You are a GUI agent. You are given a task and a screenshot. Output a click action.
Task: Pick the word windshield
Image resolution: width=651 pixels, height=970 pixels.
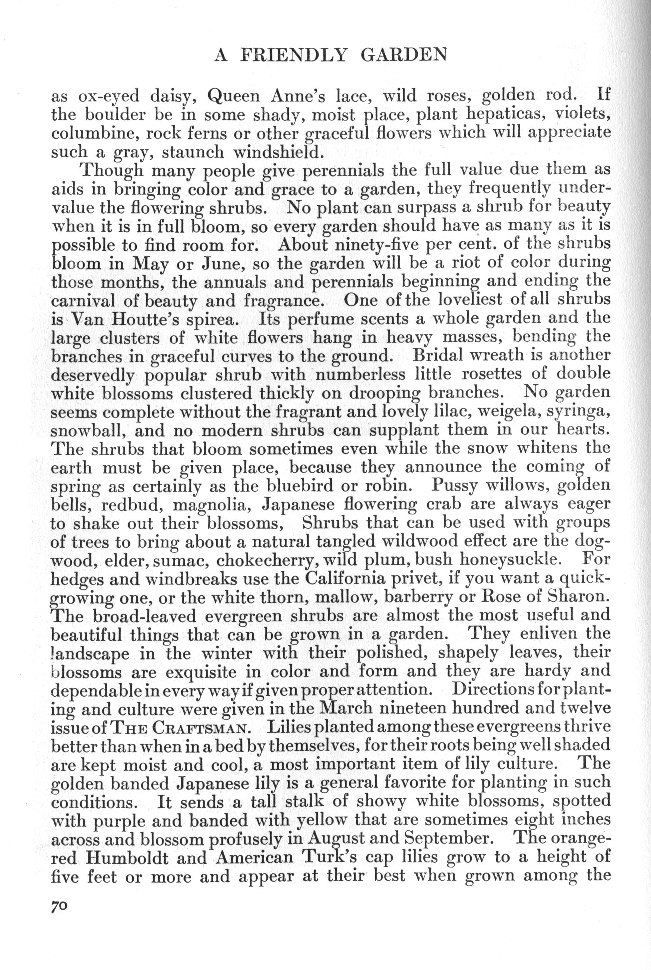coord(278,152)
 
